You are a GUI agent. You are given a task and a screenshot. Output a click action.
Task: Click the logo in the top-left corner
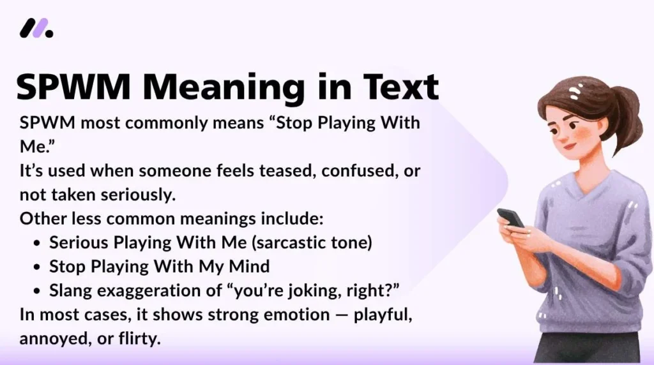36,28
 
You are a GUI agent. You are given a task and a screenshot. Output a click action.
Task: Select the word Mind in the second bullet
248,266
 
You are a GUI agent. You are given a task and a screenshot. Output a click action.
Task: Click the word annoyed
53,338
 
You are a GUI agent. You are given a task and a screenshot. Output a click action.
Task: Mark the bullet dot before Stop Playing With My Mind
37,267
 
